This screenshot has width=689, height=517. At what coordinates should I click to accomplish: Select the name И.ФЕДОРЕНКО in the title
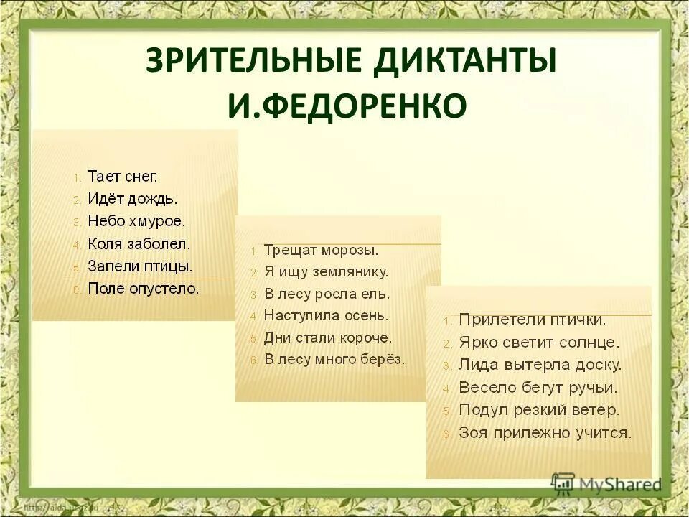tap(347, 106)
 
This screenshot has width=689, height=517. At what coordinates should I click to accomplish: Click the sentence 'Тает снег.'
tap(122, 176)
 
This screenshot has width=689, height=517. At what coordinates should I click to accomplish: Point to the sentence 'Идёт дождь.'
tap(132, 198)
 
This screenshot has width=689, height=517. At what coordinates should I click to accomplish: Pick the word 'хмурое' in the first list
tap(158, 221)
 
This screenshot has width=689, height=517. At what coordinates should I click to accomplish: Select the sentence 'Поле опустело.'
tap(143, 289)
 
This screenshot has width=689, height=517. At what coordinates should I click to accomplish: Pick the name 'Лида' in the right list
tap(476, 365)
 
